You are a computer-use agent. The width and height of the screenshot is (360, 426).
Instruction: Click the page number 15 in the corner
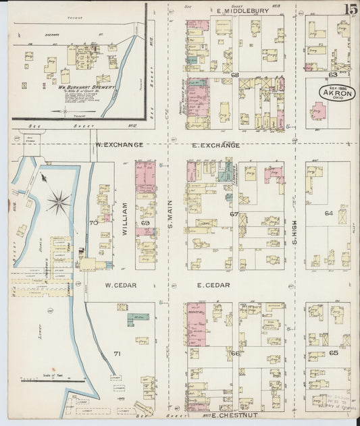pyautogui.click(x=350, y=9)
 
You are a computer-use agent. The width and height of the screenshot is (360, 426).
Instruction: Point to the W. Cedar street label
pyautogui.click(x=121, y=286)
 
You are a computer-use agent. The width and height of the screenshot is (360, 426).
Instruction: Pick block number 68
pyautogui.click(x=235, y=74)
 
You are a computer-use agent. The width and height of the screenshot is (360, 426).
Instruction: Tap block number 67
pyautogui.click(x=234, y=214)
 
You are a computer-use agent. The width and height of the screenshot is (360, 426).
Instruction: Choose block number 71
pyautogui.click(x=116, y=354)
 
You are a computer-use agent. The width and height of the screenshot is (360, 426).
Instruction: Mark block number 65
pyautogui.click(x=333, y=352)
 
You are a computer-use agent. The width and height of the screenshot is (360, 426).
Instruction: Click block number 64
pyautogui.click(x=329, y=213)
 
